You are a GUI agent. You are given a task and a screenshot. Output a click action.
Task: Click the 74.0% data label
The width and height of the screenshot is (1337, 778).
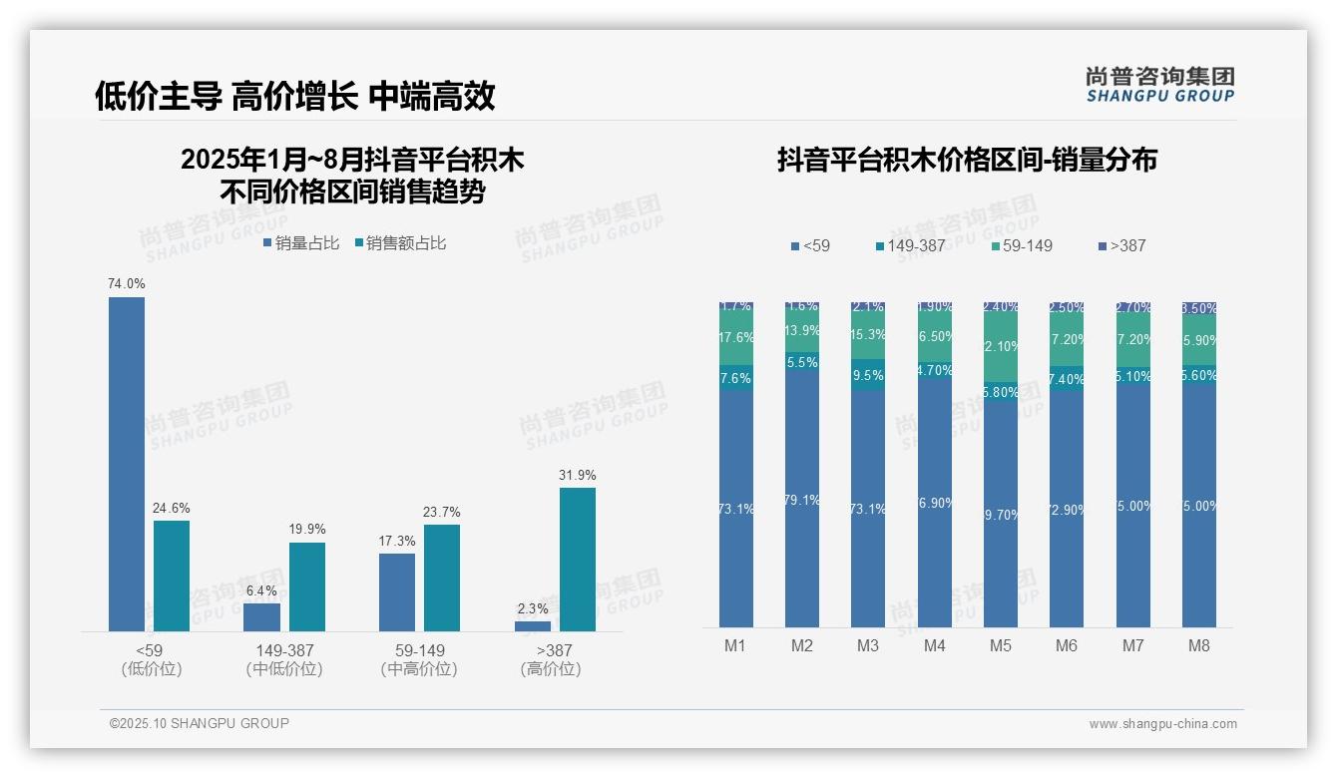[x=127, y=284]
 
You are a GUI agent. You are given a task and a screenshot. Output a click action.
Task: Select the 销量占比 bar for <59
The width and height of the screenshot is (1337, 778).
[x=127, y=464]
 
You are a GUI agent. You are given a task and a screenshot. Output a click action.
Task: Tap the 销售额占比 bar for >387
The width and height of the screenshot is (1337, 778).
[x=577, y=559]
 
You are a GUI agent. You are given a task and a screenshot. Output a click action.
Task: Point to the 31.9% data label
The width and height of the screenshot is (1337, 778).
[x=577, y=475]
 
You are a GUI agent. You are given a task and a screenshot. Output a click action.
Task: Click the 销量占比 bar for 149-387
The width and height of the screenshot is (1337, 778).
[x=261, y=617]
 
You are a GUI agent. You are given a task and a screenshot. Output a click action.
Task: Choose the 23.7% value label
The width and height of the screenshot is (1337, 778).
[x=442, y=513]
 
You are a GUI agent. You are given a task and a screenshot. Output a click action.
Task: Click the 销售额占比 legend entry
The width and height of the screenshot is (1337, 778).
[x=401, y=243]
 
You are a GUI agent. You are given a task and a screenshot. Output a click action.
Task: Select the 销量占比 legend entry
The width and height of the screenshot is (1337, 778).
[x=302, y=243]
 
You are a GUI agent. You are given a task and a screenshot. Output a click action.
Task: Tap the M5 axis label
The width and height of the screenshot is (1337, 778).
[x=1001, y=645]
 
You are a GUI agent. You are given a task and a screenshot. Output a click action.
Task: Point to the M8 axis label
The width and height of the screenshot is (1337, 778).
[x=1199, y=645]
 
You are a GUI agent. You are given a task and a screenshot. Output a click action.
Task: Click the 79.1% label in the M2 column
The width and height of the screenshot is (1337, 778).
[x=802, y=501]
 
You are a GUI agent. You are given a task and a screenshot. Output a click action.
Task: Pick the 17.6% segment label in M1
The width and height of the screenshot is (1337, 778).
[x=735, y=338]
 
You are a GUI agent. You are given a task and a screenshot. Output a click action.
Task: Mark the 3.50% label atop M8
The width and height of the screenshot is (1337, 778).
[x=1199, y=309]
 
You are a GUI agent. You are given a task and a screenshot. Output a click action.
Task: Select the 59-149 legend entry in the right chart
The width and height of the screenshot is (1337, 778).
[x=1023, y=245]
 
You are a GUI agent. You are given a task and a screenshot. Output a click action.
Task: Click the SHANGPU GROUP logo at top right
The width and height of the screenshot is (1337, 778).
[x=1159, y=85]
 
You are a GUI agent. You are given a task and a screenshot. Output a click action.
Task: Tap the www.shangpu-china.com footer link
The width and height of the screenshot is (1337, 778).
[x=1162, y=724]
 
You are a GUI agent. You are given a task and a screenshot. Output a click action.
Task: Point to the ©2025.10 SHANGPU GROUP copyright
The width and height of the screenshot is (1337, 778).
[x=200, y=723]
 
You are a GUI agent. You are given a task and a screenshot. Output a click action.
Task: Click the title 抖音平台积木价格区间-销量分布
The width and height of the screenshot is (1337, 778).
[x=967, y=161]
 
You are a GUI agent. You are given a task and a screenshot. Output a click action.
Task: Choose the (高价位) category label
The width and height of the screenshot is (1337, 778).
[x=550, y=669]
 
